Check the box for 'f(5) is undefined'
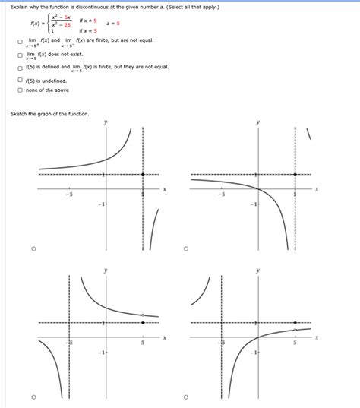point(21,80)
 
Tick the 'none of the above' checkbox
point(21,90)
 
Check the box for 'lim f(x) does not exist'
point(21,54)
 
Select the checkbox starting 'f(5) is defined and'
point(21,67)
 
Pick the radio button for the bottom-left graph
point(33,397)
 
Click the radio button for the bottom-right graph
point(186,397)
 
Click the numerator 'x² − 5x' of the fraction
point(60,17)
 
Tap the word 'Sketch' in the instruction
point(21,114)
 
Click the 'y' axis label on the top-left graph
point(106,122)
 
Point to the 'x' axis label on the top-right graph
point(317,189)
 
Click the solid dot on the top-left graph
point(144,175)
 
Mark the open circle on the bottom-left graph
point(143,314)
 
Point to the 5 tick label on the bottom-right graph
point(295,343)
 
